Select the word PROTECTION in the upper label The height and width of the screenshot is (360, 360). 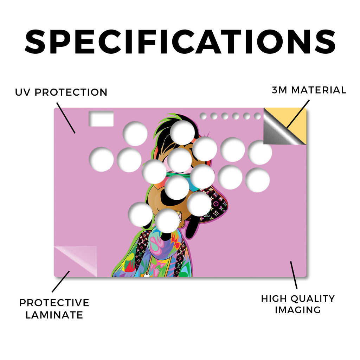coord(71,92)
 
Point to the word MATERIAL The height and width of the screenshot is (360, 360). coord(319,90)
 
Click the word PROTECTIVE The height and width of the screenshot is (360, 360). coord(54,303)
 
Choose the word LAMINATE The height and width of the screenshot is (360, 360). coord(54,315)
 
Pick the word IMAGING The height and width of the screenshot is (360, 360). coord(298,310)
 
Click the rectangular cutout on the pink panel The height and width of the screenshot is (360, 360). coord(101,119)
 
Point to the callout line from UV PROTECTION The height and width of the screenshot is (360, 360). coord(66,118)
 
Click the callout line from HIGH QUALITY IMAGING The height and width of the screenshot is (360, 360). coord(294,275)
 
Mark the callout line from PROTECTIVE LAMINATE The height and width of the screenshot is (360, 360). coord(60,282)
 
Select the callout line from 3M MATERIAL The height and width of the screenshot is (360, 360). coord(298,114)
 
